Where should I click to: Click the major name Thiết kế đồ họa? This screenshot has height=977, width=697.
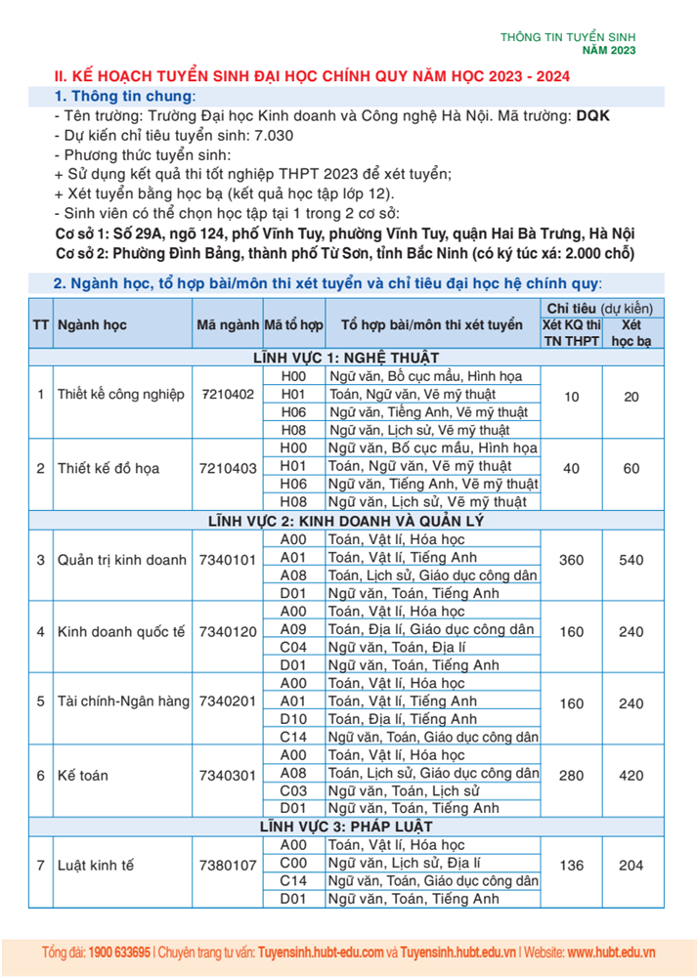(109, 468)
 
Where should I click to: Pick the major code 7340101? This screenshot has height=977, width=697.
(227, 560)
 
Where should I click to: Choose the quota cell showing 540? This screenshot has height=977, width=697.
(632, 560)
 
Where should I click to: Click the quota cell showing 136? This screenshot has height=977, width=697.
(572, 865)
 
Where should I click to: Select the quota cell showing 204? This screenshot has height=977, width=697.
(632, 865)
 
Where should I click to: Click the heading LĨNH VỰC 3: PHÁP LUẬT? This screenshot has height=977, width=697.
(347, 827)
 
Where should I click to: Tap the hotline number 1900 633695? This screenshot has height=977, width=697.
(119, 952)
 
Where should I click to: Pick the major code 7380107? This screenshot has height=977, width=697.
(227, 865)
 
